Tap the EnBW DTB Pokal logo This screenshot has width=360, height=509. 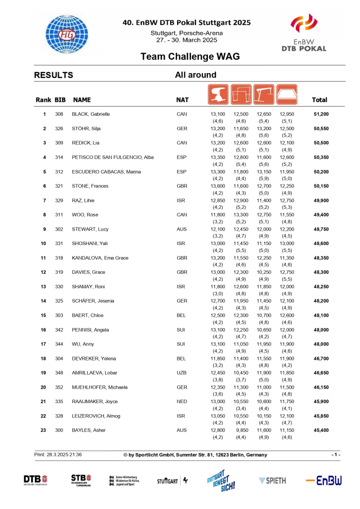[x=304, y=33]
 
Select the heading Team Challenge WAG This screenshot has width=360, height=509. [x=190, y=57]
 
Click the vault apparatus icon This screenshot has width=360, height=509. [x=217, y=94]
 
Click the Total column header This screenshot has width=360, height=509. [x=319, y=100]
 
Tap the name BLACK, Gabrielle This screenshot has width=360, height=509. [x=91, y=114]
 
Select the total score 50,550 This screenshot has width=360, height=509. [x=321, y=129]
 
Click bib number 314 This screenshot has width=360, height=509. [x=59, y=158]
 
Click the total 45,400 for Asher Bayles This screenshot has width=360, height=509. [x=321, y=430]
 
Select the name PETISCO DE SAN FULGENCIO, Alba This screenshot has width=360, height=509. [x=113, y=158]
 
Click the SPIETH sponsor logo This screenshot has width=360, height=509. [x=272, y=480]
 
